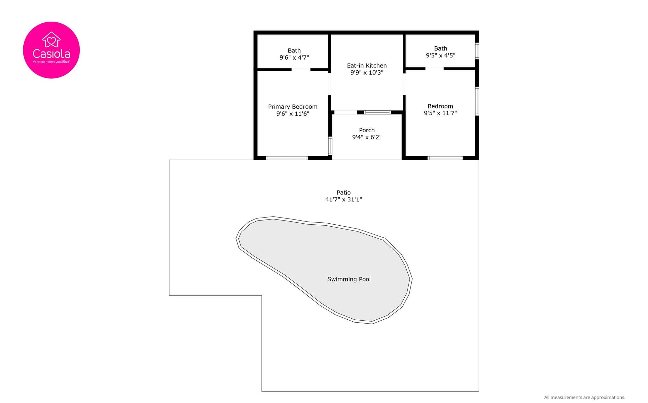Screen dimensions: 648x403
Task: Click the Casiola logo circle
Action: [x=52, y=50]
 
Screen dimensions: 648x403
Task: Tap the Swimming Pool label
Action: [x=349, y=279]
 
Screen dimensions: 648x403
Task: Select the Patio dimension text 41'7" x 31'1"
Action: [x=343, y=199]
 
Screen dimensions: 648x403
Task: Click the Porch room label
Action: [x=367, y=130]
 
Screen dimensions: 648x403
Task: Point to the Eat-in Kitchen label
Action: [x=367, y=65]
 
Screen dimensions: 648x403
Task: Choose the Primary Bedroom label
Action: [x=293, y=107]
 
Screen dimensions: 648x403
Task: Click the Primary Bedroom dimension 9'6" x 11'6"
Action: [x=293, y=114]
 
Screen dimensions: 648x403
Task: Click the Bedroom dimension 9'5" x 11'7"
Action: [x=440, y=113]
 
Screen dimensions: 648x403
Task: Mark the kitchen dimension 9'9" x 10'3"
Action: [x=367, y=73]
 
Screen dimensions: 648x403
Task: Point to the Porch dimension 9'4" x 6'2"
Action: [x=367, y=137]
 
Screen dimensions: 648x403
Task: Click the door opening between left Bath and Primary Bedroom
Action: [x=301, y=69]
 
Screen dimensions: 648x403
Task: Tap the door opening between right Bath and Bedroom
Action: [x=434, y=68]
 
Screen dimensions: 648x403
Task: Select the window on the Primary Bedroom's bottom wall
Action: [x=287, y=158]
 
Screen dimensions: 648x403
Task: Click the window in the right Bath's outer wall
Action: [x=477, y=51]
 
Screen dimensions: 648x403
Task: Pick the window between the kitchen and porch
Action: [x=377, y=113]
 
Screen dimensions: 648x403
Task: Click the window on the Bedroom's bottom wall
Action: [x=445, y=158]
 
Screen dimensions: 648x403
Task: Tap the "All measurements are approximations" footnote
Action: [x=584, y=397]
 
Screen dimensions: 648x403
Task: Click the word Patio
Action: [x=343, y=193]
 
